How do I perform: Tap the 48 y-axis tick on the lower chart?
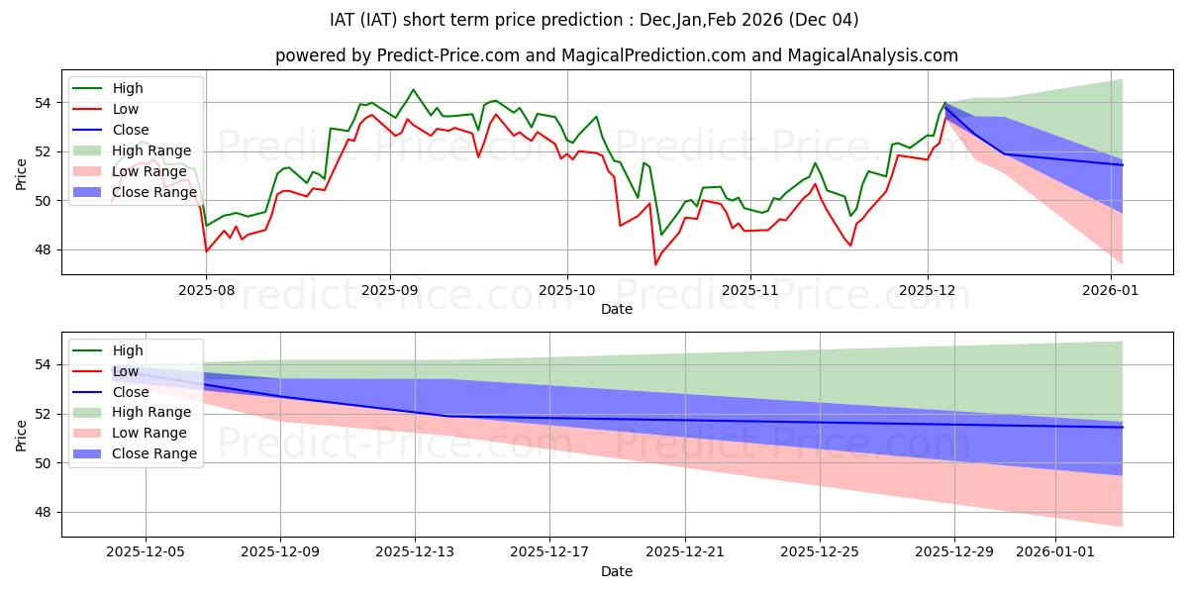tap(44, 512)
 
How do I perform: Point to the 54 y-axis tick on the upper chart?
tap(44, 102)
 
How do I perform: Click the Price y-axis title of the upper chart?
tap(22, 175)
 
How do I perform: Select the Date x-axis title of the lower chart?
tap(617, 572)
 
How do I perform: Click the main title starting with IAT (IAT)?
tap(594, 20)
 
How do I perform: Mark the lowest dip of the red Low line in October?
tap(655, 264)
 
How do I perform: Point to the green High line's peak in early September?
tap(413, 90)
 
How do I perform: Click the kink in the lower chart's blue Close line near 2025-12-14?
tap(448, 416)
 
